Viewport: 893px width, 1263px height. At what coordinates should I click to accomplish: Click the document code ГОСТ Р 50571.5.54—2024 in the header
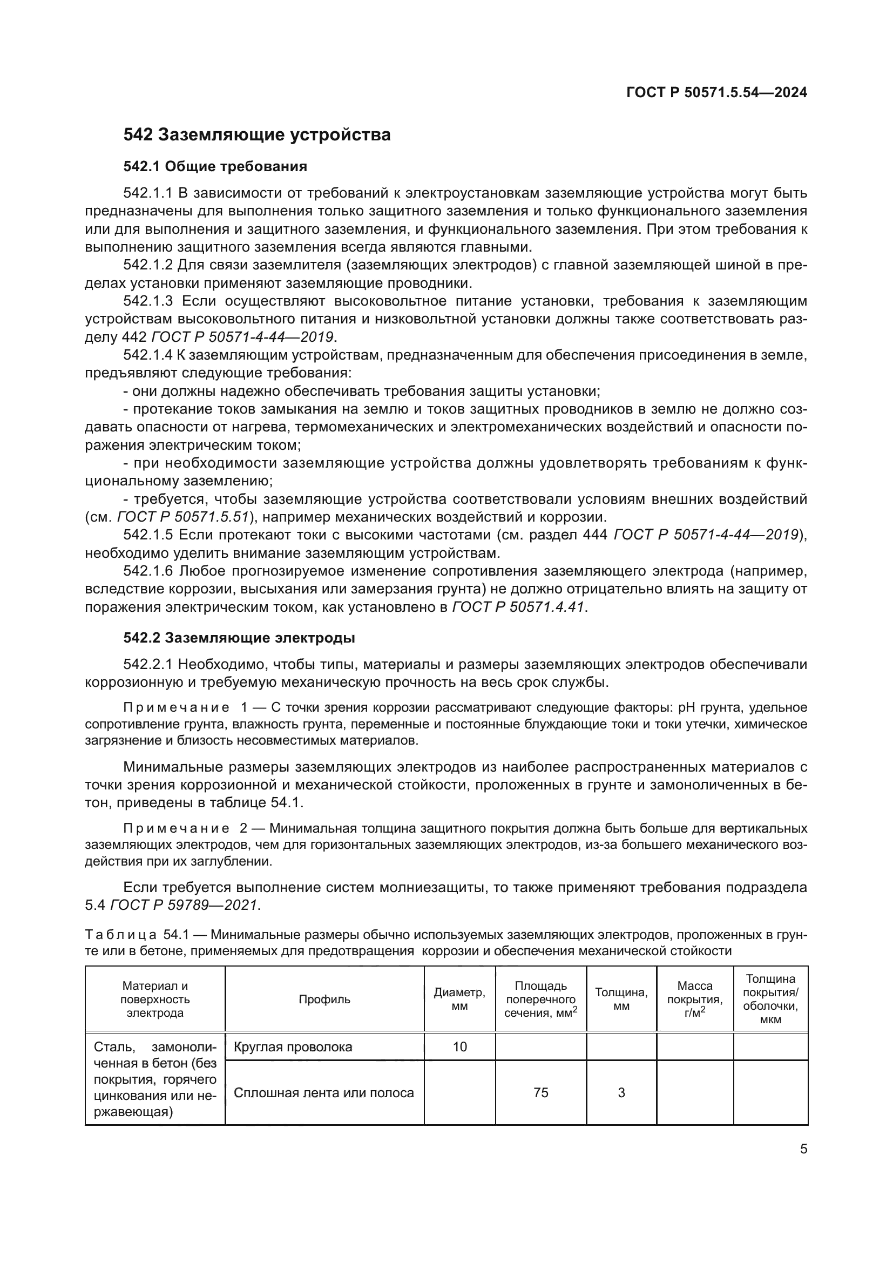pyautogui.click(x=716, y=92)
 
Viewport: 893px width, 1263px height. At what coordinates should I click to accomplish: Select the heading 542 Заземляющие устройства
pyautogui.click(x=257, y=134)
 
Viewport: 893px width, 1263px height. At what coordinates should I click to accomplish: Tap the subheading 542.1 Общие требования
pyautogui.click(x=215, y=166)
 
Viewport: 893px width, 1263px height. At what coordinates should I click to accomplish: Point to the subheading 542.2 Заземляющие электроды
pyautogui.click(x=239, y=638)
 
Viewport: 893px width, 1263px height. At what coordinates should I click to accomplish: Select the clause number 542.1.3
pyautogui.click(x=148, y=301)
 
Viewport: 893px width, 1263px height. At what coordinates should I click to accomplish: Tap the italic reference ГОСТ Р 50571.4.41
pyautogui.click(x=517, y=607)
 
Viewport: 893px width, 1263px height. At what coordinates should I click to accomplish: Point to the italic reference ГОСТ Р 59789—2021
pyautogui.click(x=184, y=904)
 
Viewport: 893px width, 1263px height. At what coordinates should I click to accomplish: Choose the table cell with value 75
pyautogui.click(x=540, y=1092)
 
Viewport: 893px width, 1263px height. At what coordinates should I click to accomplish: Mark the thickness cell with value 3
pyautogui.click(x=621, y=1092)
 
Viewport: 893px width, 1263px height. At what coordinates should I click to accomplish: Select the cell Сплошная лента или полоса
pyautogui.click(x=324, y=1092)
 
